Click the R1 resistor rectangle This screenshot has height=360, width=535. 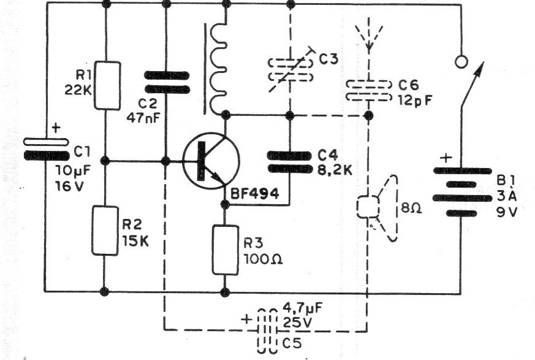click(107, 85)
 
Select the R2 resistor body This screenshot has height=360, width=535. click(105, 231)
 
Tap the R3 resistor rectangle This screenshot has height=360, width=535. click(225, 250)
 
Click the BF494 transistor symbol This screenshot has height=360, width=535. click(211, 161)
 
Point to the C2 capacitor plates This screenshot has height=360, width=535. click(167, 82)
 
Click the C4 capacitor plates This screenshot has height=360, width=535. click(289, 162)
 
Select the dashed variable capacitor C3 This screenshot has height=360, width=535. click(290, 70)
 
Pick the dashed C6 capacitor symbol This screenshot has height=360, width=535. click(368, 91)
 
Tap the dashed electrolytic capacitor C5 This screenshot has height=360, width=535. click(267, 331)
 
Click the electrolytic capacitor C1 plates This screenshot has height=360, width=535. click(47, 149)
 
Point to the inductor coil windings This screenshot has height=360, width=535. click(218, 68)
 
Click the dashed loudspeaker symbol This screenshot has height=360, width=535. click(378, 208)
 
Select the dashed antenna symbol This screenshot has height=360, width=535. click(369, 34)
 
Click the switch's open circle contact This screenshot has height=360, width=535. click(461, 62)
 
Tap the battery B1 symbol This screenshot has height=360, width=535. click(461, 192)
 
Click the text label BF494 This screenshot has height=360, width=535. click(255, 194)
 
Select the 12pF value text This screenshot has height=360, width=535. click(415, 101)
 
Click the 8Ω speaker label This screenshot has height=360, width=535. click(411, 208)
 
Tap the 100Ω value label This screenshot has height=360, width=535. click(263, 259)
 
